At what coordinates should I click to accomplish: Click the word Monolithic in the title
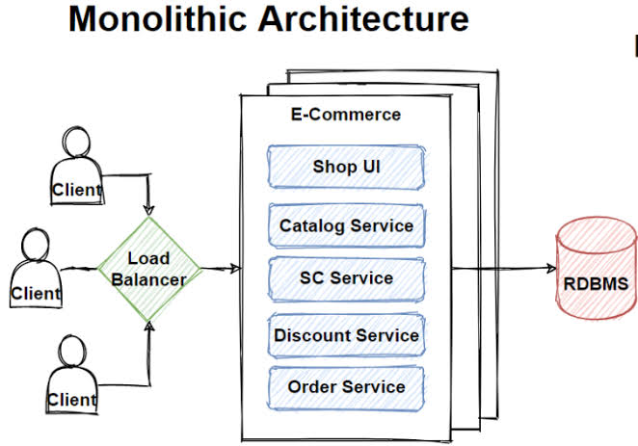click(157, 19)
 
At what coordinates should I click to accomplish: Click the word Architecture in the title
click(363, 19)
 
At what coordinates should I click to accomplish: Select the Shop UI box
click(346, 167)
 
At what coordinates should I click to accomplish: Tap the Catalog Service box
click(346, 225)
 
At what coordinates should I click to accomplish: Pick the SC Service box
click(346, 278)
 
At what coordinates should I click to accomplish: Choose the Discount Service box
click(346, 335)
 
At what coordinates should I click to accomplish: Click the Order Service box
click(346, 387)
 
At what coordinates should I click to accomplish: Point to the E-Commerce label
click(346, 115)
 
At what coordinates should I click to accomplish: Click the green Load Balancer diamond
click(149, 269)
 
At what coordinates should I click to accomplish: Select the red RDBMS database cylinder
click(597, 268)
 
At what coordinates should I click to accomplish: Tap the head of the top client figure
click(76, 142)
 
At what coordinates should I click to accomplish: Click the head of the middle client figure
click(36, 245)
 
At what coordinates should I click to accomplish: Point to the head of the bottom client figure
click(72, 352)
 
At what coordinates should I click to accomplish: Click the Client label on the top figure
click(77, 190)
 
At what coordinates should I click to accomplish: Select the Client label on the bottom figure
click(72, 400)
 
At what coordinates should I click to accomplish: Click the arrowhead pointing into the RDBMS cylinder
click(552, 268)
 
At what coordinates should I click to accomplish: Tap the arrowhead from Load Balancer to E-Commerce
click(236, 269)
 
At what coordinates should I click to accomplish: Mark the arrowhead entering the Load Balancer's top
click(149, 211)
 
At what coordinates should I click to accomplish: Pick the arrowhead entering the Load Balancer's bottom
click(149, 327)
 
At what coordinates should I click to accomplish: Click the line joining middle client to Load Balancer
click(79, 269)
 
